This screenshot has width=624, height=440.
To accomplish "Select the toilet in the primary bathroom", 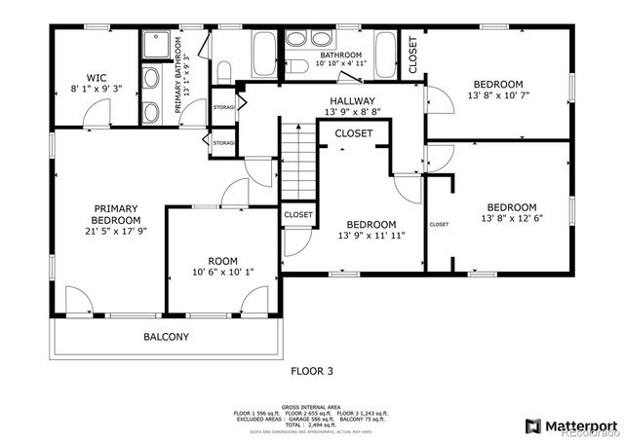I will tap(222, 71).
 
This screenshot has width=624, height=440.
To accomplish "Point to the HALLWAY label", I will tap(351, 100).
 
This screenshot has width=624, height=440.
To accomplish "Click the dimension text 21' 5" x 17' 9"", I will tap(115, 232).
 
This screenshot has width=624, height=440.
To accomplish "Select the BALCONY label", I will tap(166, 337).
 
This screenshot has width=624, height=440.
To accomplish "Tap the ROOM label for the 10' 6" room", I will tap(222, 260).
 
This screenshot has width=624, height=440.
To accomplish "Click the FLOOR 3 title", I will tap(312, 371).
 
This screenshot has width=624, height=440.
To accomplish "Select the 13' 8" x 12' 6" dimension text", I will tap(512, 219).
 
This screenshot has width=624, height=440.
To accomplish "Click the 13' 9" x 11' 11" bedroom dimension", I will tap(371, 236).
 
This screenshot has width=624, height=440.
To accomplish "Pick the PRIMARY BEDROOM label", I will tap(115, 214).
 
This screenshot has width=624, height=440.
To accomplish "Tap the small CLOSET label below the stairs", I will tap(297, 214).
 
